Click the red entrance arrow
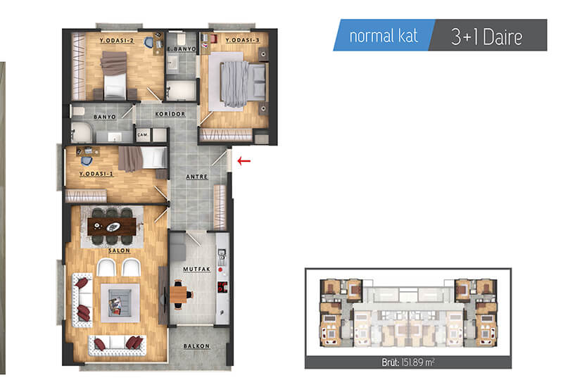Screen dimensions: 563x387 tap(244, 161)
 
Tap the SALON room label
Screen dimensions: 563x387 tap(119, 250)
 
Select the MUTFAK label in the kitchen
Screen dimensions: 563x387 tap(197, 269)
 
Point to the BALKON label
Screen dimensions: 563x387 tap(196, 346)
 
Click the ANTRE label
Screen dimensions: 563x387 tap(197, 177)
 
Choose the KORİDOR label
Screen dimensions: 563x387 tap(170, 114)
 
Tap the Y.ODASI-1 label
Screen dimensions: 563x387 tap(96, 174)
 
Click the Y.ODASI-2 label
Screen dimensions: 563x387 tap(117, 41)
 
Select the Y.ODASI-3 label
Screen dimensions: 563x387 tap(242, 40)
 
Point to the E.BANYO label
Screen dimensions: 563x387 tap(182, 49)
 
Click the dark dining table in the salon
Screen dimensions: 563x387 tap(112, 227)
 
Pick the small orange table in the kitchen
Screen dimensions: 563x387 tap(179, 294)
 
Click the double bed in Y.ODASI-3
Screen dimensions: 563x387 tap(243, 84)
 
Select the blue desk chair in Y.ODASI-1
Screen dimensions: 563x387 tap(87, 161)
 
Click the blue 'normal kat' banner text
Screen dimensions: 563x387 tap(384, 36)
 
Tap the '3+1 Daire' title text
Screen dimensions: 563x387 tap(486, 37)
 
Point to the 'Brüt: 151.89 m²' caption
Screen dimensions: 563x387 tap(408, 362)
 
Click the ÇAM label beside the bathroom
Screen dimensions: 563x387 tap(143, 135)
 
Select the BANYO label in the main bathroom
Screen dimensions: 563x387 tap(105, 117)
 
